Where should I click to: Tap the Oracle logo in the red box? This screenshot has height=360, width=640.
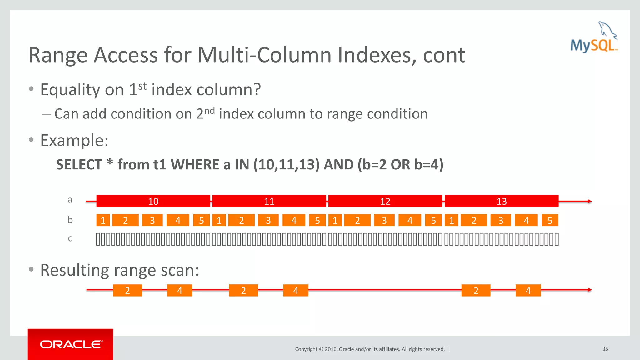71,344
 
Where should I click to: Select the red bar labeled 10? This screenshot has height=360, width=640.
153,201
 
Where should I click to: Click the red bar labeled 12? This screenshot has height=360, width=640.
385,201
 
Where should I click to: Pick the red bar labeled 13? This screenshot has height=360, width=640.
501,201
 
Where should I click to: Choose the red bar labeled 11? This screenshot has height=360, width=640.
269,201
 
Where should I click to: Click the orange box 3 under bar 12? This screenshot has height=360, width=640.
384,220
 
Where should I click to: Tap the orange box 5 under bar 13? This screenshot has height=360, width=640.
550,220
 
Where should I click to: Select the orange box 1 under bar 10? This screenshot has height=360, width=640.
103,220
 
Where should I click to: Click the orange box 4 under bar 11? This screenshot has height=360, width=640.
294,220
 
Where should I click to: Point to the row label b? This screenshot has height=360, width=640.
70,220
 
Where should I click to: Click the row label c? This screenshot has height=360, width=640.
70,238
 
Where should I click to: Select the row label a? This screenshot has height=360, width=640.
70,200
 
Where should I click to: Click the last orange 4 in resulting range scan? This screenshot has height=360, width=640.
528,291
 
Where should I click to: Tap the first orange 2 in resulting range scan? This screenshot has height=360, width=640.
127,291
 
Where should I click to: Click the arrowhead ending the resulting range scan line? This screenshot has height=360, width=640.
590,290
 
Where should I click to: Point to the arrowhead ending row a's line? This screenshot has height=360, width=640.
590,201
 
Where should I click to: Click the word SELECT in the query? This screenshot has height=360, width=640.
79,165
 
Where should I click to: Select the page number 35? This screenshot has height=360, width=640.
605,349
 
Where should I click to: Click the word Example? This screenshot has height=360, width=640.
74,140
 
